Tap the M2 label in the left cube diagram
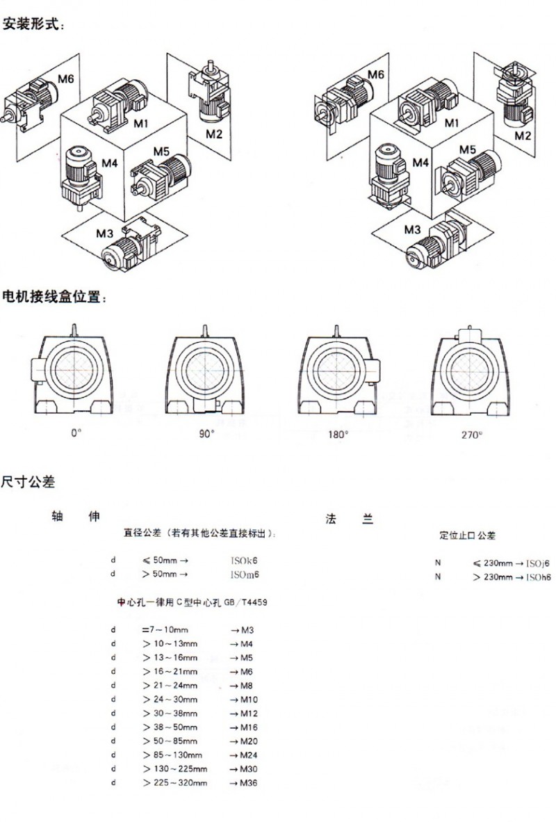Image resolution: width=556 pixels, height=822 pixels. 213,134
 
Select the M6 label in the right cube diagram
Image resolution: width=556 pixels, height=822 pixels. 376,74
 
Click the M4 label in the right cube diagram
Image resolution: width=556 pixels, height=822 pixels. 420,162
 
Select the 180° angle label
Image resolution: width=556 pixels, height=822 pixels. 338,435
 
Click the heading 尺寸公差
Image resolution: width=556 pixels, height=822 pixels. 28,481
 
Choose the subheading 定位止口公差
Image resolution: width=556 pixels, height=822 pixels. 467,536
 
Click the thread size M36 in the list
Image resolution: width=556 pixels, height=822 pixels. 249,784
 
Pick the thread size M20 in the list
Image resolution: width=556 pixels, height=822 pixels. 249,741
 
